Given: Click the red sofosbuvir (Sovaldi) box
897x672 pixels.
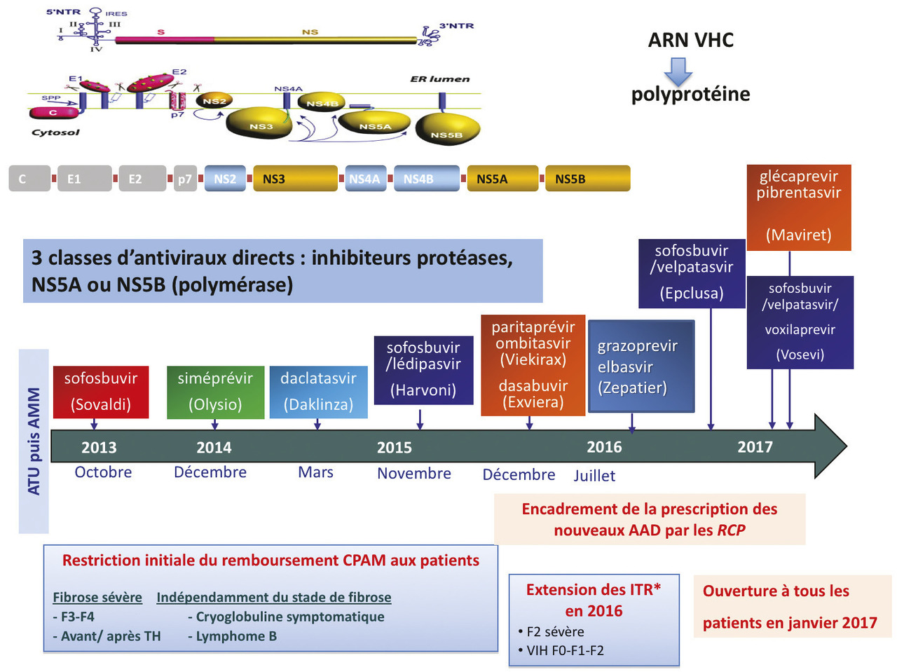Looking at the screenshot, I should (101, 392).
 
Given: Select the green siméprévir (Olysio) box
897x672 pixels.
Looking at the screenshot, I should (215, 392).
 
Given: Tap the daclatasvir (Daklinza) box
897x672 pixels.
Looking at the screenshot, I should (318, 392).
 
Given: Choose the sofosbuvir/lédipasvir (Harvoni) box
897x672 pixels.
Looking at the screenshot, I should (423, 370).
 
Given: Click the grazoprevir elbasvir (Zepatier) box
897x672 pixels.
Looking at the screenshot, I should (641, 366).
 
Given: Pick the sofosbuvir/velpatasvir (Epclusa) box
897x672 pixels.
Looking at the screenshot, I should (692, 273).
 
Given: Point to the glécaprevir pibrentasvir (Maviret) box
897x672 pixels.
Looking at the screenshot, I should (798, 207).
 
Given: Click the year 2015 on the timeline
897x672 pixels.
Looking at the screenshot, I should (395, 448).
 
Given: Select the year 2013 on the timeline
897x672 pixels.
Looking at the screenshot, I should (99, 448).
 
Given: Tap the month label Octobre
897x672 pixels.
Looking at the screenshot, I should (103, 472).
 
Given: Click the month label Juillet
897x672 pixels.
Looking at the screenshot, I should (594, 476).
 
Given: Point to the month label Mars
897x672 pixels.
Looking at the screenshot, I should (315, 472).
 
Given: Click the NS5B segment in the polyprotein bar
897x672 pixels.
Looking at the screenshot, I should (587, 179).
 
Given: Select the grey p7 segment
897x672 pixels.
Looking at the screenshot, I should (184, 179).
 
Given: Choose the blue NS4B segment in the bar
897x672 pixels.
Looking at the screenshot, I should (426, 179).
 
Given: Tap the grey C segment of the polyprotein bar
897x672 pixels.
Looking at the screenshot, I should (29, 179).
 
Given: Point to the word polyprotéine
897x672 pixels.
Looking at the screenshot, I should (690, 95).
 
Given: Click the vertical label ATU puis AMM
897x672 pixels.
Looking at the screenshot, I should (34, 441).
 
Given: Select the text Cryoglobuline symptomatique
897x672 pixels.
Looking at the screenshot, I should (290, 617).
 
